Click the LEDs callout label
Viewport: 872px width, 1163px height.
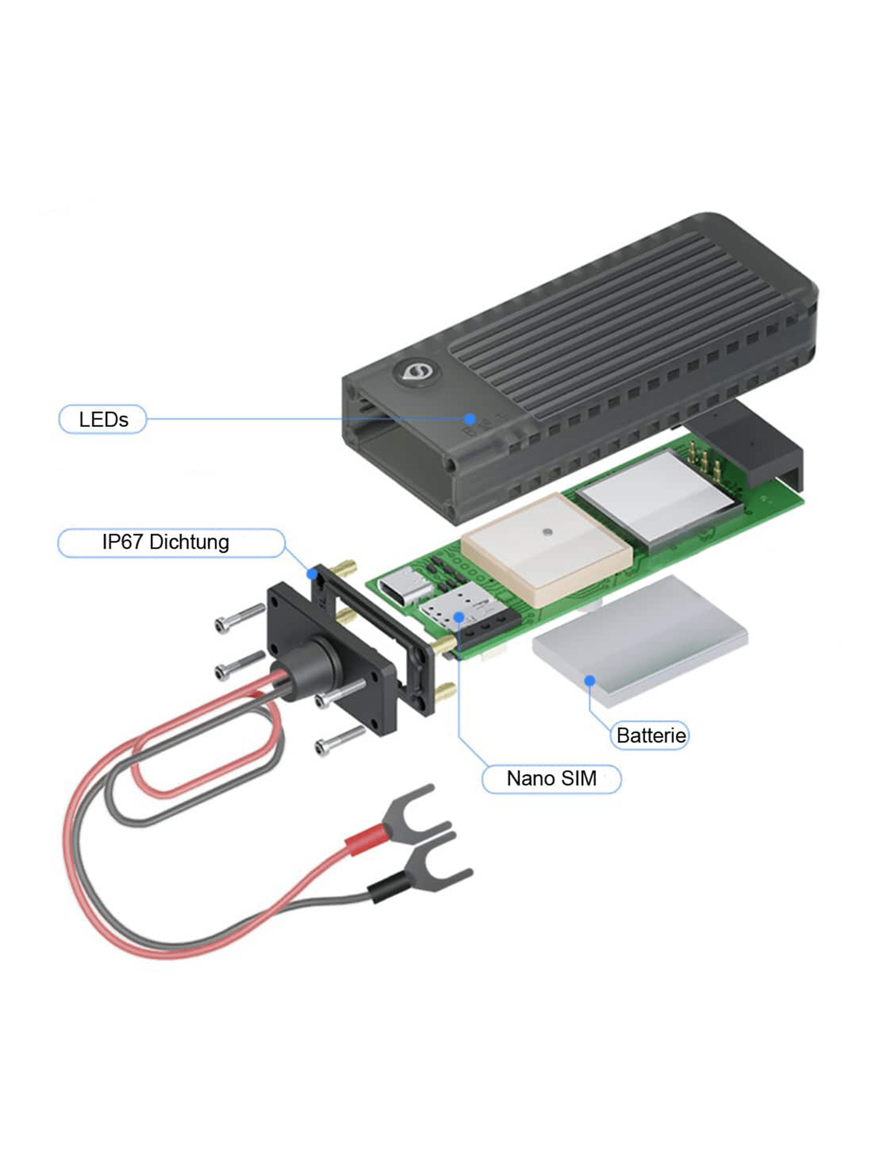tap(103, 419)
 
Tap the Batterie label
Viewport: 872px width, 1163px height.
tap(650, 735)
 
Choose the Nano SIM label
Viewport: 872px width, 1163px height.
tap(551, 778)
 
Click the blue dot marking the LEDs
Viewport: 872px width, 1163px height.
tap(470, 419)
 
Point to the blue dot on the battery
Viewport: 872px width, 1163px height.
tap(589, 680)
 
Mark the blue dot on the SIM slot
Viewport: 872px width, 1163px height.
tap(459, 616)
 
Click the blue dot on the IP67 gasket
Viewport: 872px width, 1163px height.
tap(312, 574)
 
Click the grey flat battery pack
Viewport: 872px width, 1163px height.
tap(639, 640)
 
